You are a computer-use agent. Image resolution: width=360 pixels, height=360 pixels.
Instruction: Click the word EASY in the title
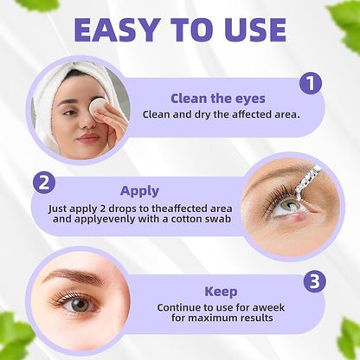(x=117, y=30)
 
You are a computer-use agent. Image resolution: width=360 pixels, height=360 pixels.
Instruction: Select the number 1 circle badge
(x=311, y=83)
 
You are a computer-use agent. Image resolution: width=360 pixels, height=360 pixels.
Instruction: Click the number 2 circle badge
(x=44, y=183)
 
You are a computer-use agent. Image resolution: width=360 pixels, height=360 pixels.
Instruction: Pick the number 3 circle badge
(x=315, y=281)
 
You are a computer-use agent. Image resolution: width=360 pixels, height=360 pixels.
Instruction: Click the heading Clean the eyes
(x=218, y=99)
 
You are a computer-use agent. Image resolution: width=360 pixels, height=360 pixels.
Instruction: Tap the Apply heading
(x=139, y=191)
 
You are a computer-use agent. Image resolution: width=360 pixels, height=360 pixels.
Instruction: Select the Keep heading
(x=221, y=292)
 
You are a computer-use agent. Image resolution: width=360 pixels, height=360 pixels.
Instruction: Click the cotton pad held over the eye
(x=98, y=106)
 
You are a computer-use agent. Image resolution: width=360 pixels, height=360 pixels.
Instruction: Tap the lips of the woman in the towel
(x=88, y=138)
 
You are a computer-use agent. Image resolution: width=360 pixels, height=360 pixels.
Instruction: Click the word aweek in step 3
(x=268, y=307)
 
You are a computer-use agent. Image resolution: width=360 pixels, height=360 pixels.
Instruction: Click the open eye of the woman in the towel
(x=70, y=112)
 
